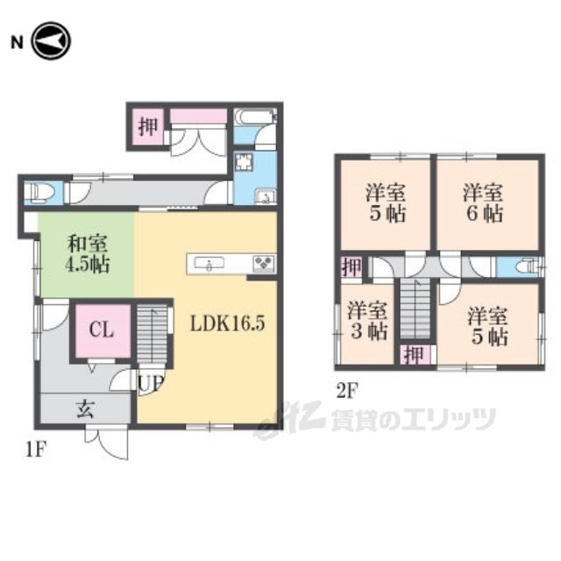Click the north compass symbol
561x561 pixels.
pos(51,41)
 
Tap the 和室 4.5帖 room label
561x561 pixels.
pos(88,254)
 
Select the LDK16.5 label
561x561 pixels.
pos(228,323)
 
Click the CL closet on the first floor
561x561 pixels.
pos(103,330)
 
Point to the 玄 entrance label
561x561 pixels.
pos(85,408)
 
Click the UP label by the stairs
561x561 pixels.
pos(151,384)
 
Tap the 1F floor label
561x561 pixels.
pos(36,450)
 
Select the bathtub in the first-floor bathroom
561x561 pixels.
pos(255,117)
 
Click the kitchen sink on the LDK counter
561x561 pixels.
pos(209,263)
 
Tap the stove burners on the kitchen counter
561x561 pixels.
pos(264,263)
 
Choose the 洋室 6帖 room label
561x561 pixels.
pos(483,202)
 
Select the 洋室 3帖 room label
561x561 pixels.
pos(367,321)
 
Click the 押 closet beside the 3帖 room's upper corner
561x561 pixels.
pos(351,266)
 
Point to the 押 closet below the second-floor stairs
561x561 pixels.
pos(415,354)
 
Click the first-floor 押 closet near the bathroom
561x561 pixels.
pos(148,126)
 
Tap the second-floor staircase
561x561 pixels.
pos(415,309)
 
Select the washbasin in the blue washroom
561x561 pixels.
pos(266,196)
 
